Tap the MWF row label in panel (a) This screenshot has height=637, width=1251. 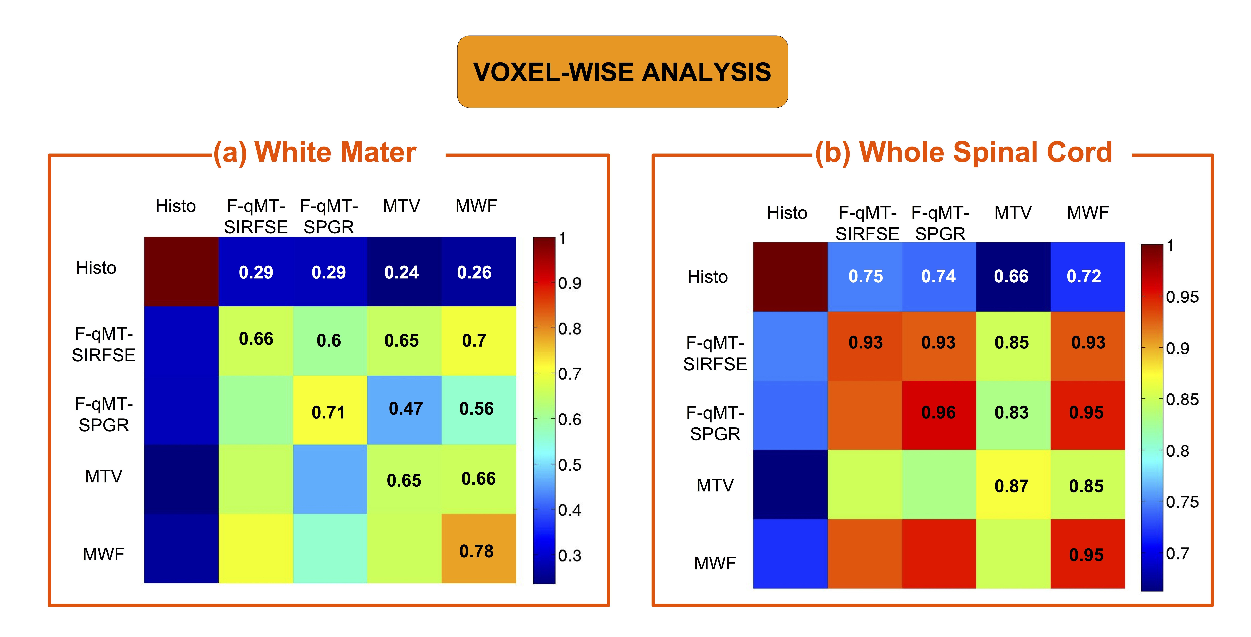tap(103, 554)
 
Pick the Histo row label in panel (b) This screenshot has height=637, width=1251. tap(708, 277)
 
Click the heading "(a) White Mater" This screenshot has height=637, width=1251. tap(315, 152)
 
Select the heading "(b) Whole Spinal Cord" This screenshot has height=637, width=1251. tap(963, 152)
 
